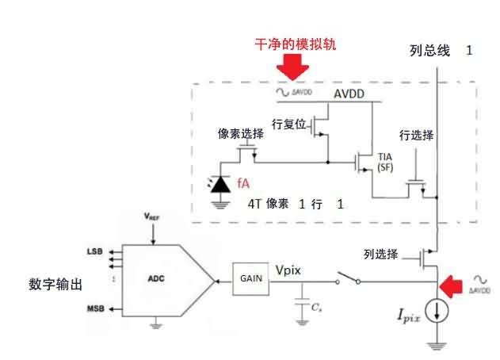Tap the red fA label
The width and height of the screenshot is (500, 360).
245,182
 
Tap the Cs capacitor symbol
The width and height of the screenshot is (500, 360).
301,304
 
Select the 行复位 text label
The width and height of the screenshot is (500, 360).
288,124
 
